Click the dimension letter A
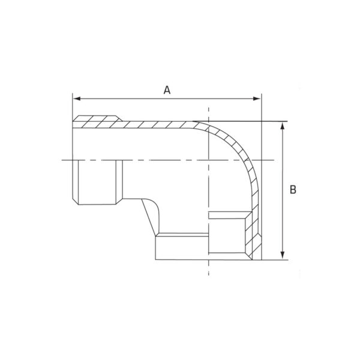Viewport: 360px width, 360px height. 167,90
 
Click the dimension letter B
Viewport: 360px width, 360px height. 293,190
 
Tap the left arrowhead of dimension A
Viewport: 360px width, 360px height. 77,99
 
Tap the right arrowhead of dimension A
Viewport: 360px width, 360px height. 257,99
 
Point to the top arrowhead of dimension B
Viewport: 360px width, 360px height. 283,125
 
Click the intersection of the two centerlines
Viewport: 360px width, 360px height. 208,160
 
